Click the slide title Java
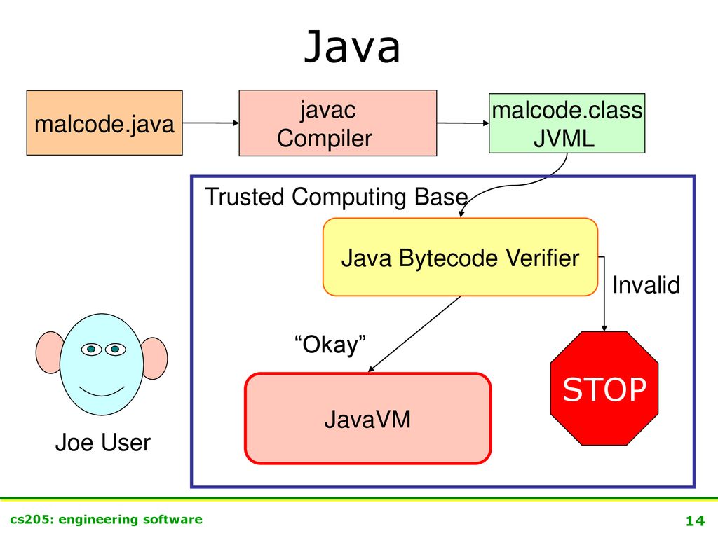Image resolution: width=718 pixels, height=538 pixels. (x=352, y=46)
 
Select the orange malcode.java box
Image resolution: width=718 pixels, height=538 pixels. (x=104, y=123)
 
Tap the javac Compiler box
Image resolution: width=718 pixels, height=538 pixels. (x=338, y=123)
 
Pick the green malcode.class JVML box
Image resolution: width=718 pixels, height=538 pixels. (x=567, y=123)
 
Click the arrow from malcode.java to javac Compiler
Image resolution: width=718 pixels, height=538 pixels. (x=210, y=123)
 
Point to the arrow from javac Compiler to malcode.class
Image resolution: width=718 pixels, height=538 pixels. (x=463, y=123)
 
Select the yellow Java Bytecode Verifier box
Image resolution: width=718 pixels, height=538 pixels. (x=460, y=257)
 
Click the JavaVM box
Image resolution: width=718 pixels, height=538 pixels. (x=367, y=419)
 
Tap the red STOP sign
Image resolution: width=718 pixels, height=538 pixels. (x=604, y=388)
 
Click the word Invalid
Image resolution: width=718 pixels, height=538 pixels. (x=646, y=284)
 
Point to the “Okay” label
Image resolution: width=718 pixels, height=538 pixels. (x=330, y=345)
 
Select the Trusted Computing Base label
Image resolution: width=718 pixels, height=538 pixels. (x=337, y=197)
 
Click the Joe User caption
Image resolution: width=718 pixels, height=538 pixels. (x=102, y=443)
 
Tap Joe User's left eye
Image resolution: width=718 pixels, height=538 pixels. (x=91, y=350)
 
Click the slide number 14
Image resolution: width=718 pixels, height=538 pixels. (x=695, y=520)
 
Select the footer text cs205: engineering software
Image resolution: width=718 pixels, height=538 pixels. (x=107, y=520)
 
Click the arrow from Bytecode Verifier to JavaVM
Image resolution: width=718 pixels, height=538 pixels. (x=414, y=334)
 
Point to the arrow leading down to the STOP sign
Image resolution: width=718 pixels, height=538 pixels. (x=603, y=294)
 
